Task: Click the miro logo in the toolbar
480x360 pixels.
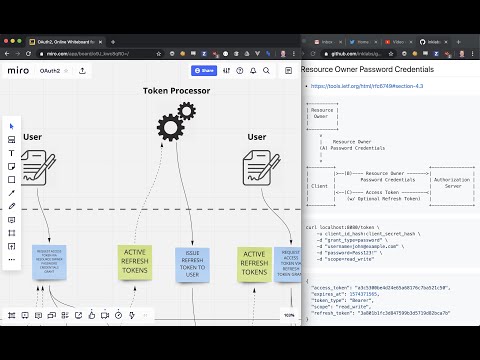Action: (x=18, y=71)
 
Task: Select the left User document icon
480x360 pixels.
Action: (x=39, y=165)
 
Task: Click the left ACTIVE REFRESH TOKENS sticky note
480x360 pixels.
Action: (x=135, y=261)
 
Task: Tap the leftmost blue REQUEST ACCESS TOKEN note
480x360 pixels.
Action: (x=48, y=263)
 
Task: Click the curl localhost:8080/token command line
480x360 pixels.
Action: (x=341, y=226)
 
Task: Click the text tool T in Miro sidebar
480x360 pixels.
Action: (x=12, y=153)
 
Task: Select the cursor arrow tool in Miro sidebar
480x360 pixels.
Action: (x=12, y=126)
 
